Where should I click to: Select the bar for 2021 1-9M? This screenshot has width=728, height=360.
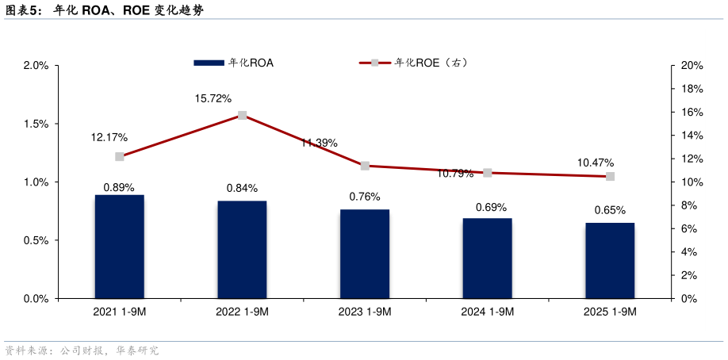click(120, 247)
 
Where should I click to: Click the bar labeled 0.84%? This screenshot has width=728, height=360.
click(242, 250)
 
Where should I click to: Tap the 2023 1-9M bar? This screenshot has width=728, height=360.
click(365, 254)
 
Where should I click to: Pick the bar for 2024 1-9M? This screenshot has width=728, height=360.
click(488, 259)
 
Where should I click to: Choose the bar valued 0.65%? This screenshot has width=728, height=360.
click(610, 261)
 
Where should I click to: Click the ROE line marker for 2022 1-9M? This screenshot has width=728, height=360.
click(242, 115)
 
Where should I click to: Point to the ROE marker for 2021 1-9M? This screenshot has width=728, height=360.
click(120, 157)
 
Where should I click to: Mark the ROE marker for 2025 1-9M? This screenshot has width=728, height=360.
click(610, 176)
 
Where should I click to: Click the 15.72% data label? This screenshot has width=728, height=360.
click(213, 98)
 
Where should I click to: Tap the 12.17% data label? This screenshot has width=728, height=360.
click(109, 137)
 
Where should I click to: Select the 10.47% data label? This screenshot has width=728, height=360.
click(595, 163)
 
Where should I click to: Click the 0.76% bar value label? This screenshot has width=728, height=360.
click(365, 197)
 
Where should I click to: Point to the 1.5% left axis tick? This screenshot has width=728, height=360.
click(36, 124)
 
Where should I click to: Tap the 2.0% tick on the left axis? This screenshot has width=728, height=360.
click(36, 66)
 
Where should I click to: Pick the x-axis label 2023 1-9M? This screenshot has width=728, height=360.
click(365, 312)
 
